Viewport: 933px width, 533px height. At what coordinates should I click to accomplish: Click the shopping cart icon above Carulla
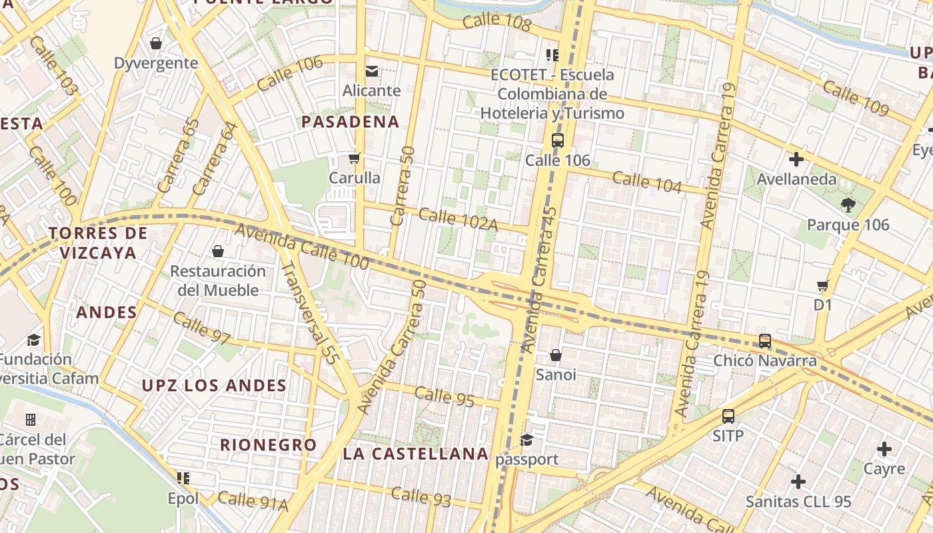(x=355, y=159)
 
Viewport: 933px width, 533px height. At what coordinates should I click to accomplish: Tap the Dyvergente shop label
(x=156, y=63)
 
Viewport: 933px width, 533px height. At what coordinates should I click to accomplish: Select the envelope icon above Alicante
(x=371, y=71)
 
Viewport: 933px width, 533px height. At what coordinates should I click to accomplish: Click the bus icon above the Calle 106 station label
(x=558, y=141)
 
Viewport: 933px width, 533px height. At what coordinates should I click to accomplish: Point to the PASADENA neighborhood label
(x=350, y=122)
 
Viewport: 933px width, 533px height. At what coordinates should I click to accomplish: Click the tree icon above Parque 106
(x=848, y=205)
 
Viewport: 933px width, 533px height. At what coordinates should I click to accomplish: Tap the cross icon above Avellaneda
(x=796, y=159)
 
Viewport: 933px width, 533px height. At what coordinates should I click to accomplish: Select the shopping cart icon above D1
(x=823, y=285)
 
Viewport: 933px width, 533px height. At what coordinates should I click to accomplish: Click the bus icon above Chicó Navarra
(x=765, y=341)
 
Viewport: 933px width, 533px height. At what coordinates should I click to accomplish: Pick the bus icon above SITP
(x=728, y=416)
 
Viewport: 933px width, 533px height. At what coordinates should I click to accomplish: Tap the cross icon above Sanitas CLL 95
(x=798, y=481)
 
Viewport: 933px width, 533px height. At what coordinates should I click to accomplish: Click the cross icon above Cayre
(x=884, y=449)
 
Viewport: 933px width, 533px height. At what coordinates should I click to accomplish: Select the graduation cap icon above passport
(x=527, y=440)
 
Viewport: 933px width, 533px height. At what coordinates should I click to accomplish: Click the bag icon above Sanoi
(x=555, y=355)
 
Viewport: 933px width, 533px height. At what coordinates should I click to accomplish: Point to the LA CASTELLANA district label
(x=416, y=454)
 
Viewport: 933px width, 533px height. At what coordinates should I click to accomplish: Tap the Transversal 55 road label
(x=310, y=313)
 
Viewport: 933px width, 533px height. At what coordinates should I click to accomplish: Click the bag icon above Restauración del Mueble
(x=217, y=251)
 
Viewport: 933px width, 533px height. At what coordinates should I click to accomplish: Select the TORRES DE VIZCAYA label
(x=98, y=243)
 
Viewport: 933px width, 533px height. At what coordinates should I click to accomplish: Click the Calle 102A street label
(x=458, y=220)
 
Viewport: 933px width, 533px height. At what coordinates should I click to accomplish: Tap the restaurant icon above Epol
(x=183, y=478)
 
